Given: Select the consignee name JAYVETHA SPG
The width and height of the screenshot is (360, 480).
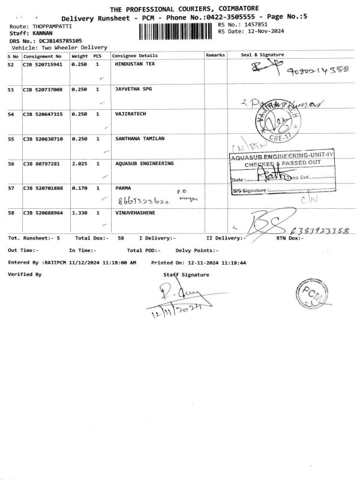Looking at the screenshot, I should tap(133, 89).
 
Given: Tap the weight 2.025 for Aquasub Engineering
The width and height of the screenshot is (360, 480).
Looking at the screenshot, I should tap(80, 163).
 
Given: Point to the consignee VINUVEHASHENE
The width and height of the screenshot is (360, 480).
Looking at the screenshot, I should tap(138, 212).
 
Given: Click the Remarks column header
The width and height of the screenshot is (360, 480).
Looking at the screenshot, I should tap(215, 55).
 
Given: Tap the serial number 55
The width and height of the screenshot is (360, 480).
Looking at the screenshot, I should tap(11, 139).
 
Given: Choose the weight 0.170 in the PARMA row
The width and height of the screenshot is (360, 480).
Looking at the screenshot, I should tap(80, 188).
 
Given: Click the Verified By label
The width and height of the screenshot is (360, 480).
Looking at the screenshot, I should tap(25, 274).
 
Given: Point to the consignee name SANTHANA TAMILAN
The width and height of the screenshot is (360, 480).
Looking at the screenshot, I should tap(139, 138).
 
